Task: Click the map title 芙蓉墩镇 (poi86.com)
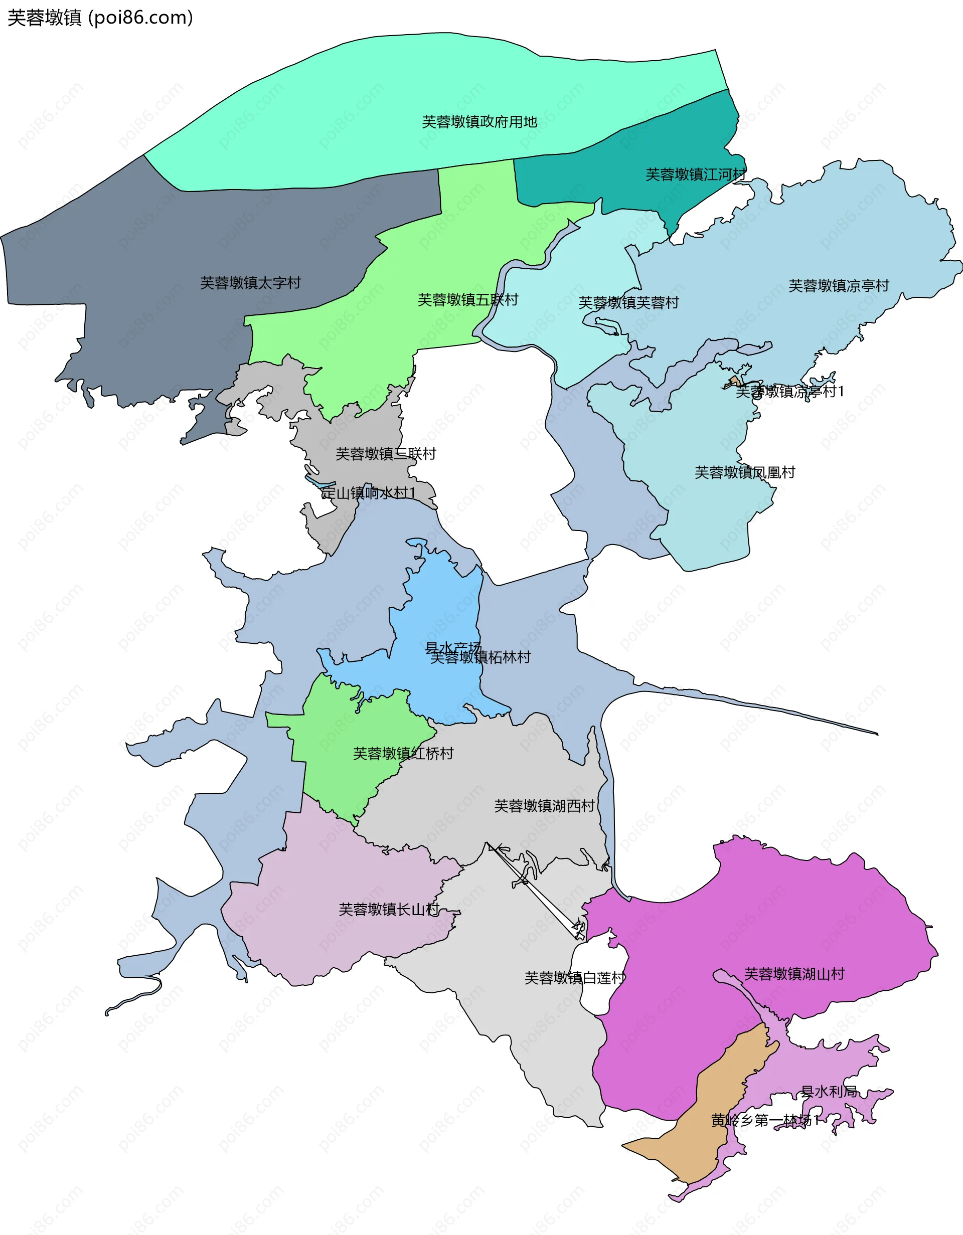[100, 18]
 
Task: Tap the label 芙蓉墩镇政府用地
[479, 121]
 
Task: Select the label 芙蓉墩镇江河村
[696, 174]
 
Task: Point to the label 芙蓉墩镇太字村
[250, 283]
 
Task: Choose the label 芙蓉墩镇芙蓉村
[628, 302]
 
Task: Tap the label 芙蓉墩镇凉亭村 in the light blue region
[839, 286]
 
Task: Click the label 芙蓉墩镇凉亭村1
[789, 391]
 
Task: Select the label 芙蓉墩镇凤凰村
[745, 472]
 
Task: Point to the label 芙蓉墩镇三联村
[386, 453]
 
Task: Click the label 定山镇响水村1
[368, 492]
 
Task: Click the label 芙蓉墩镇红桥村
[403, 753]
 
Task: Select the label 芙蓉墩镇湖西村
[544, 806]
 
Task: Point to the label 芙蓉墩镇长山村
[389, 909]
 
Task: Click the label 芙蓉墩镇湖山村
[794, 974]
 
